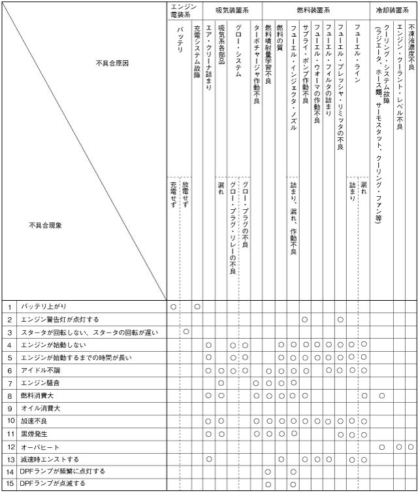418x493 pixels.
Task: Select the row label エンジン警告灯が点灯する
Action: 59,320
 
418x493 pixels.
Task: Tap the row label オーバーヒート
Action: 40,447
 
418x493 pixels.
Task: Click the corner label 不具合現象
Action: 50,225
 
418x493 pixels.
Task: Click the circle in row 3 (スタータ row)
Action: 185,332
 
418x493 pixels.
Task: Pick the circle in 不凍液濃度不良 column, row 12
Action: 411,447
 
